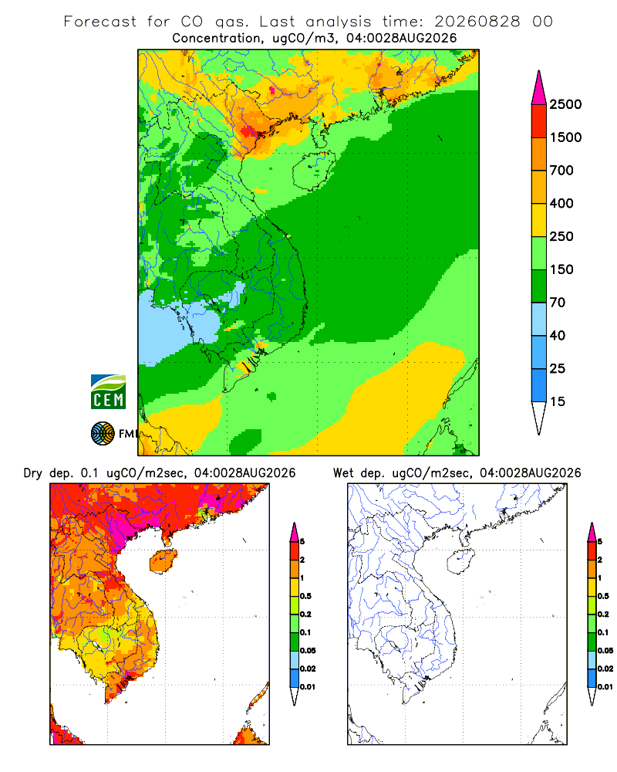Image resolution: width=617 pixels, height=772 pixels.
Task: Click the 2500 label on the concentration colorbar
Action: click(x=565, y=104)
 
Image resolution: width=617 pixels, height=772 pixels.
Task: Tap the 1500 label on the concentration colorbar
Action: click(x=565, y=137)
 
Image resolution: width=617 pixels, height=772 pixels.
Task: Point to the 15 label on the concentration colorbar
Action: click(x=558, y=401)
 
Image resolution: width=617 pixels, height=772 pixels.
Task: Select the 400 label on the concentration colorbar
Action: click(x=561, y=203)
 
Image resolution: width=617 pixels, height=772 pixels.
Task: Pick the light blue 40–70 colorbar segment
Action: click(x=539, y=319)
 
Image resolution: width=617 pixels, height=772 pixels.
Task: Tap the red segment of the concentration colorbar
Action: click(x=539, y=121)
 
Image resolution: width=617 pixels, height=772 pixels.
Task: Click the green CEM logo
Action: click(x=108, y=392)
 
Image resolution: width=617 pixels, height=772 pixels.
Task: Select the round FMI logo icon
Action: click(x=103, y=434)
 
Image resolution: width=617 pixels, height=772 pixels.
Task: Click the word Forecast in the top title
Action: click(x=100, y=22)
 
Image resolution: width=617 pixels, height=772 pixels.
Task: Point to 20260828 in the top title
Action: click(x=477, y=22)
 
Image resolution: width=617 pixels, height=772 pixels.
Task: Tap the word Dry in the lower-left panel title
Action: click(x=32, y=474)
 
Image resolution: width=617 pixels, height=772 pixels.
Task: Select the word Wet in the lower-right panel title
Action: click(x=343, y=473)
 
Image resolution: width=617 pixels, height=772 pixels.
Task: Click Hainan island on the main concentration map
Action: click(x=313, y=171)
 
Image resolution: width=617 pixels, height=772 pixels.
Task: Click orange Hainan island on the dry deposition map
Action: click(x=163, y=560)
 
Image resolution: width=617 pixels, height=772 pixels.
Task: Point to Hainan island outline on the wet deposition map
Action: click(x=460, y=561)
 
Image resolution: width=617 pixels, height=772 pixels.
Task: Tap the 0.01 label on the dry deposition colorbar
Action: click(x=308, y=687)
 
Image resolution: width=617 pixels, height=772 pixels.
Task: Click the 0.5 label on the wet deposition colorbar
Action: click(x=603, y=596)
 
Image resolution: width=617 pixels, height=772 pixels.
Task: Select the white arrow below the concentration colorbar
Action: click(x=539, y=418)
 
